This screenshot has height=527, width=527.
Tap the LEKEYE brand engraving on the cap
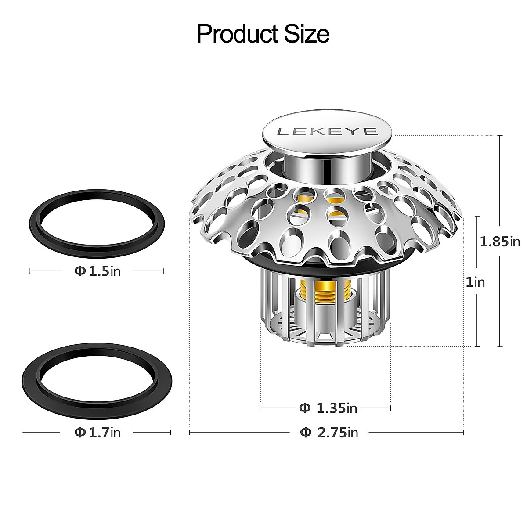pos(327,131)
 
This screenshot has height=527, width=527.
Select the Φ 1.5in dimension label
pos(97,271)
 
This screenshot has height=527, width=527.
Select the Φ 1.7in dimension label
pos(97,433)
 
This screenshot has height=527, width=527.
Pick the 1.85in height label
pos(499,241)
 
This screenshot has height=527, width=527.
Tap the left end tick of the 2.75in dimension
pos(189,433)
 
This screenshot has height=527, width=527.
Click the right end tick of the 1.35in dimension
pos(390,408)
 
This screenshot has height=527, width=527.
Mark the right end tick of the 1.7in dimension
pos(170,433)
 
